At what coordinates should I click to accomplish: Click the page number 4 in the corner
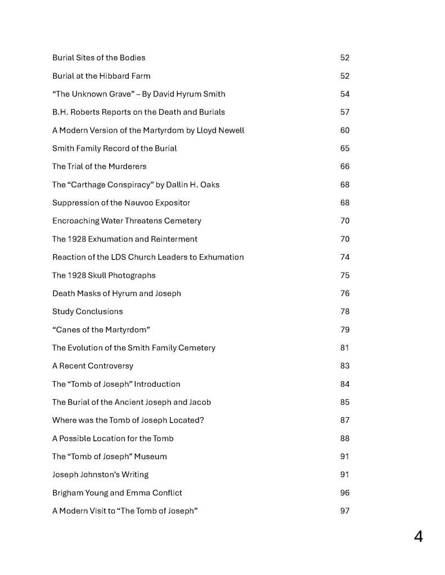[418, 537]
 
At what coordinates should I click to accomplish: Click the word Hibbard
[116, 76]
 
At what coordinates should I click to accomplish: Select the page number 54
[345, 94]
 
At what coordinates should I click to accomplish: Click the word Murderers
[127, 166]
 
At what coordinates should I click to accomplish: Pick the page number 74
[345, 257]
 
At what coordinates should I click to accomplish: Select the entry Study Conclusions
[87, 311]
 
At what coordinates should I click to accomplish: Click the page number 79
[345, 329]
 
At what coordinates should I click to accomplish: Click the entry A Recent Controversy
[93, 366]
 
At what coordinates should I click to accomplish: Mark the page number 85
[345, 402]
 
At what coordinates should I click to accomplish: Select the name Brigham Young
[79, 493]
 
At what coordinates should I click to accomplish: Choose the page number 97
[345, 511]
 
